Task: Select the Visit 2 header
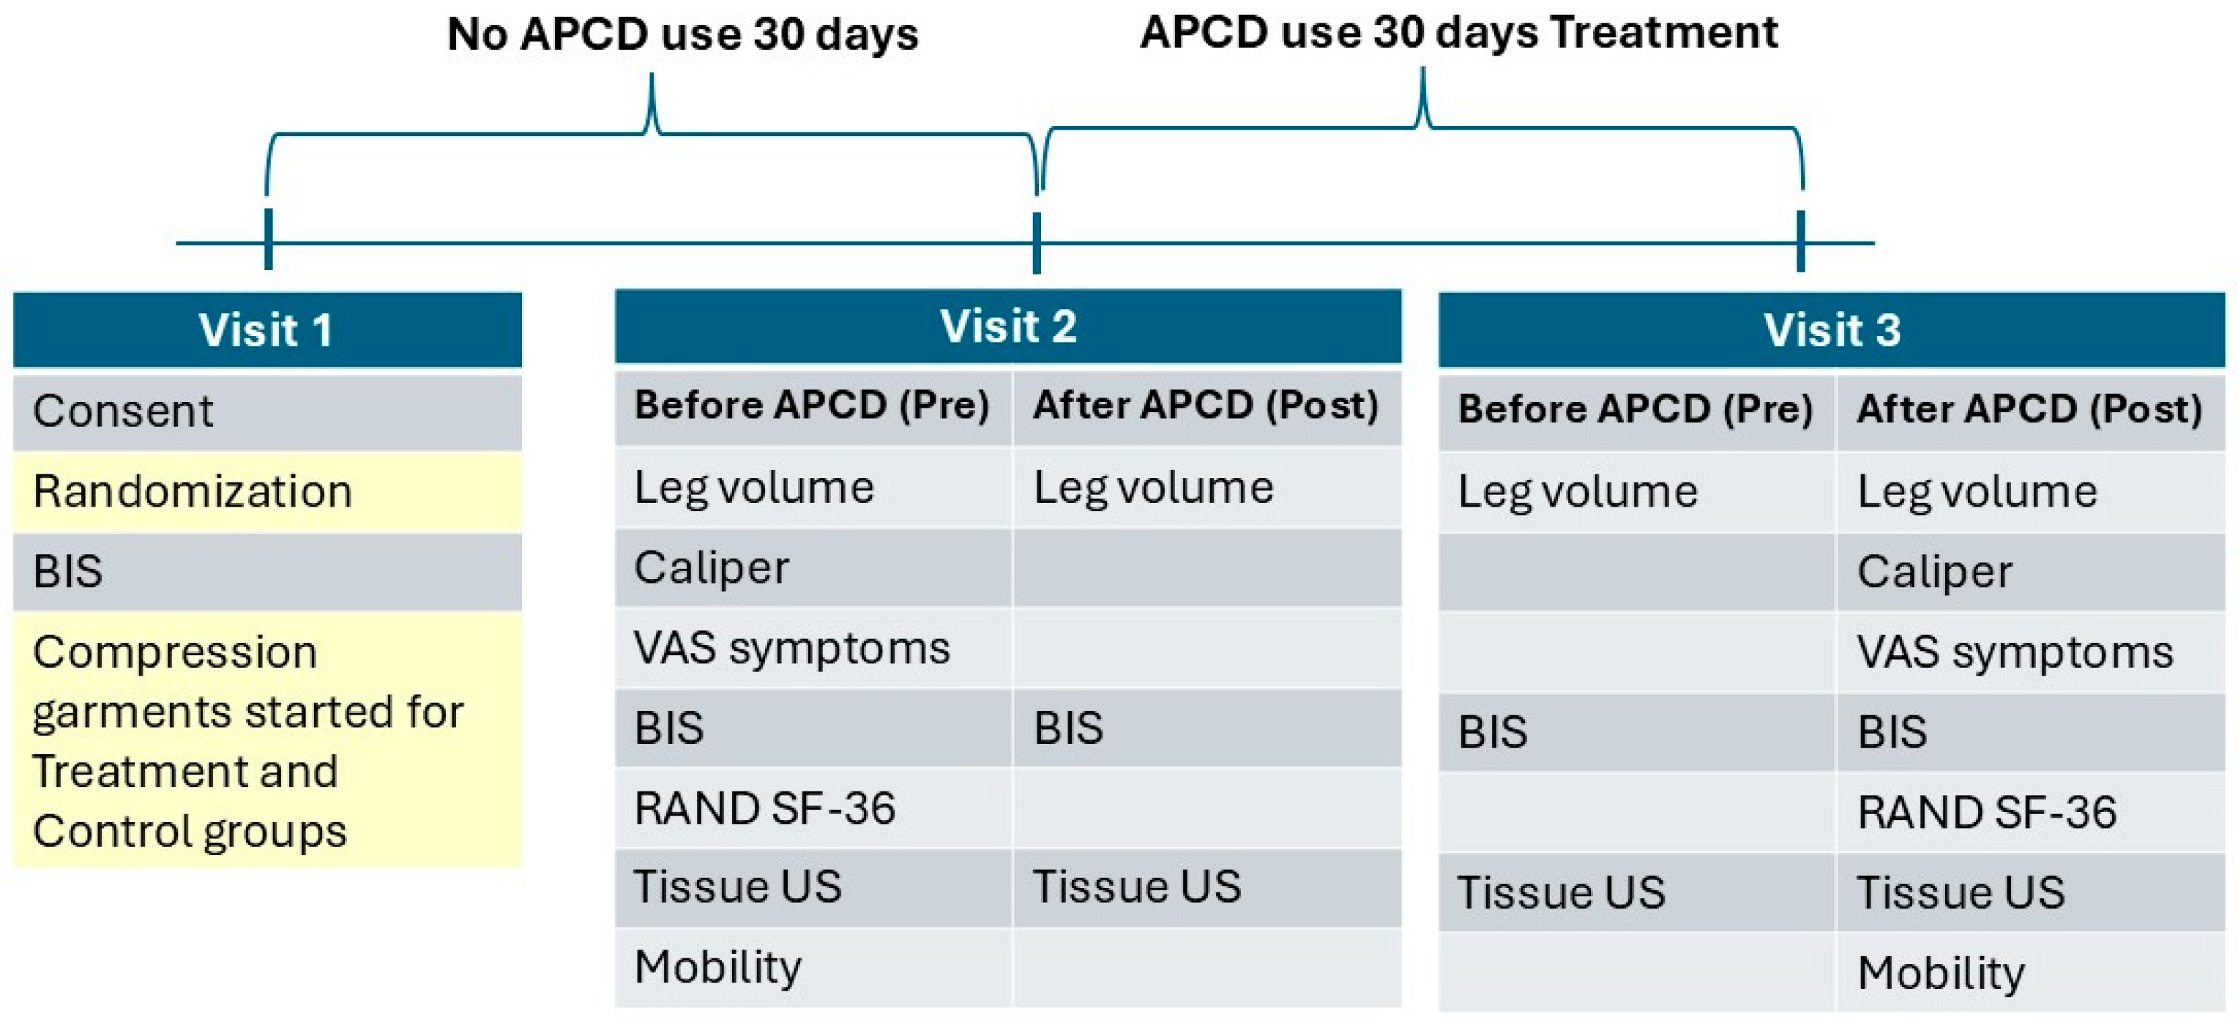point(1008,327)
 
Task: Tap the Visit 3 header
point(1832,330)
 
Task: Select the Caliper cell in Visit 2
point(813,568)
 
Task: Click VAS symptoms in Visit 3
point(2030,652)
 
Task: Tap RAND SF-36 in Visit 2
point(813,809)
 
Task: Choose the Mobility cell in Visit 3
point(2030,973)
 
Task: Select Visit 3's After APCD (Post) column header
point(2030,410)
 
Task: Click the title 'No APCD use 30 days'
point(683,34)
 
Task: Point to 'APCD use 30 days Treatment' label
point(1459,33)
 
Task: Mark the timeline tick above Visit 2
point(1037,242)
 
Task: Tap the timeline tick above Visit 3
point(1801,241)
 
